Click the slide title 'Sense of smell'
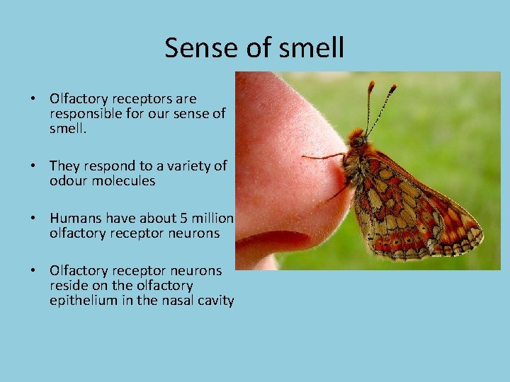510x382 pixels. click(x=254, y=48)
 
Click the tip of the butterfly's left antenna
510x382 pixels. click(x=370, y=84)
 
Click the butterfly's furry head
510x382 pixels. click(x=357, y=139)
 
